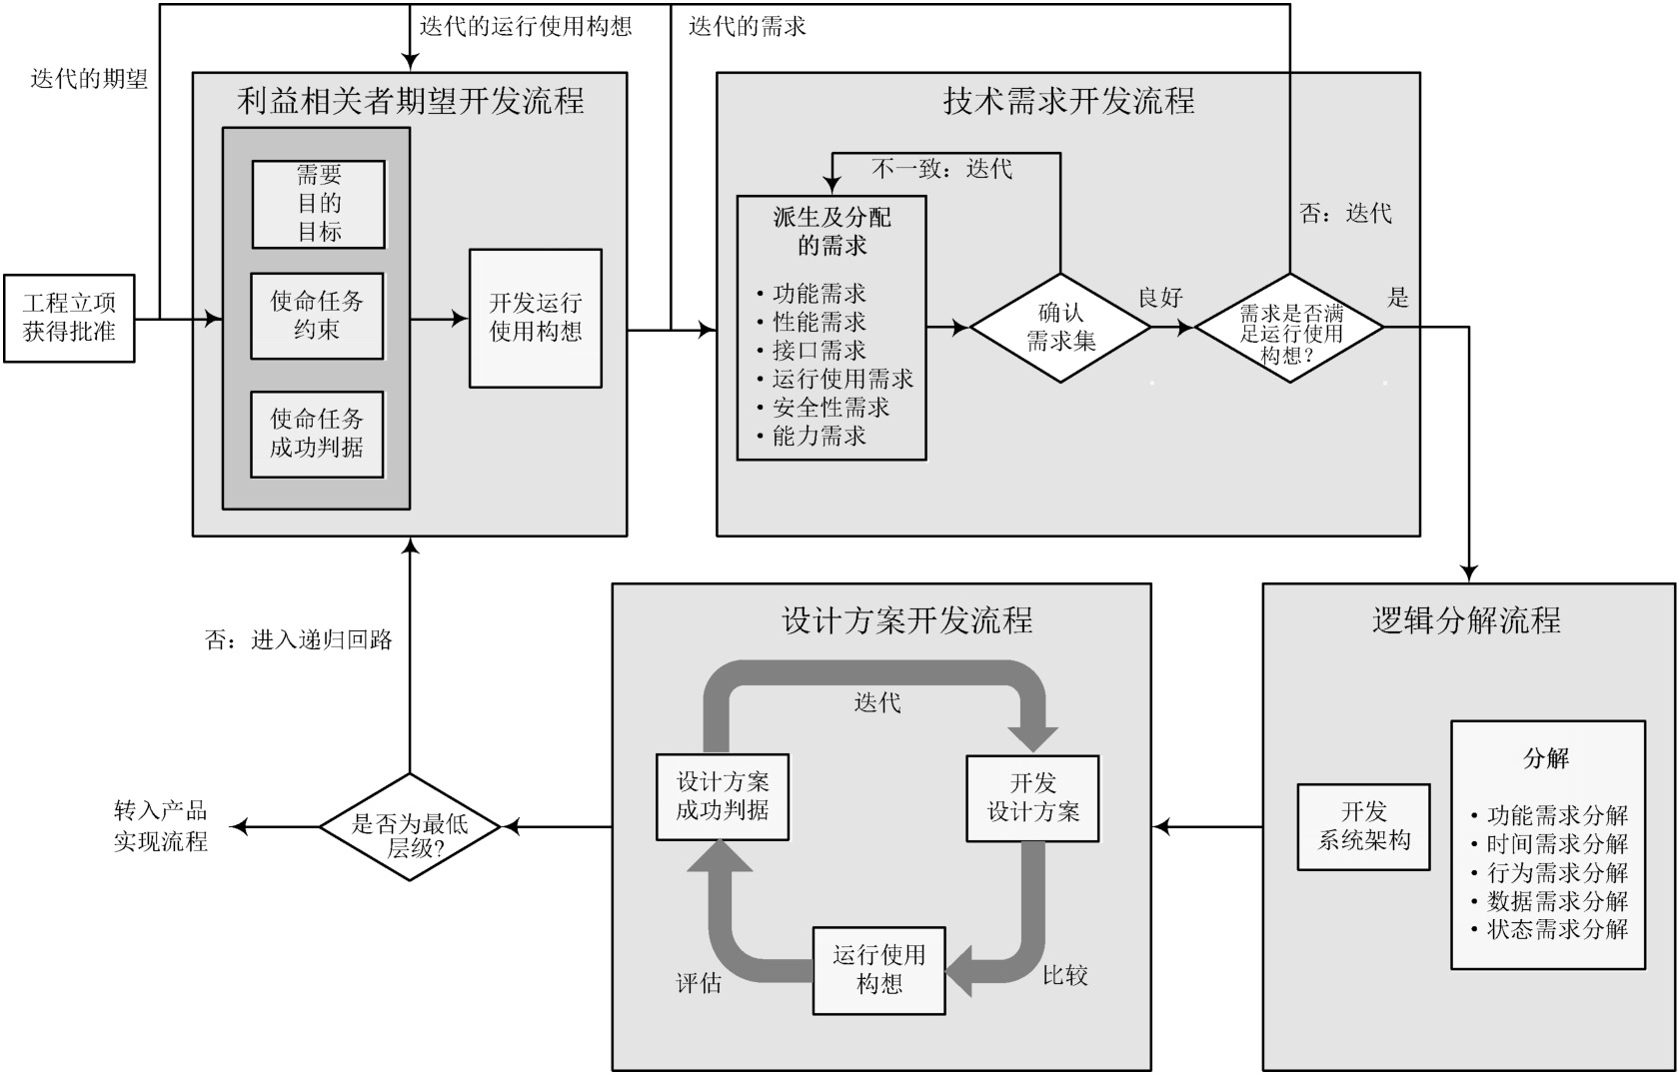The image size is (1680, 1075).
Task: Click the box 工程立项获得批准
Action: tap(69, 318)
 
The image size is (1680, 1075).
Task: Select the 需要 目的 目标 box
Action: tap(318, 204)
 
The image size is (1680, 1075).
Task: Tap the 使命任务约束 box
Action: tap(317, 315)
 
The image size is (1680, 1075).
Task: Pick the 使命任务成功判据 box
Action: tap(317, 434)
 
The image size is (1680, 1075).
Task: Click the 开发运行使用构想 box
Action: tap(536, 318)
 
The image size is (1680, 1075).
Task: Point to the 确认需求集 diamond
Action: tap(1060, 328)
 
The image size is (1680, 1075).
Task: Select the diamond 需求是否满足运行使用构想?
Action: tap(1289, 328)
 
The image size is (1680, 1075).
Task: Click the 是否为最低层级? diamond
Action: tap(410, 827)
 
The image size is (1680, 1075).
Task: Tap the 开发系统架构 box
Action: tap(1363, 826)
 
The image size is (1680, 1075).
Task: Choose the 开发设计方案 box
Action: tap(1032, 797)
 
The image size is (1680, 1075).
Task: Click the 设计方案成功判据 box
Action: tap(723, 796)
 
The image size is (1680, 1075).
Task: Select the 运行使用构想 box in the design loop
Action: tap(878, 970)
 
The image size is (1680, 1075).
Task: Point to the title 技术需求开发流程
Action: tap(1068, 101)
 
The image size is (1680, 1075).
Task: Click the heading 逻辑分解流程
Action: tap(1466, 620)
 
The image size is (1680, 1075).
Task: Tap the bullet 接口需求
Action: tap(819, 351)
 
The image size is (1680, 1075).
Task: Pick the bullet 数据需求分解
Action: tap(1556, 901)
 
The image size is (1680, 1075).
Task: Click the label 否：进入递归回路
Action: tap(298, 640)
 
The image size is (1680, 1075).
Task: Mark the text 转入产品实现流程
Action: tap(160, 826)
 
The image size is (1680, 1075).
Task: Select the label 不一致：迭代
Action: tap(941, 169)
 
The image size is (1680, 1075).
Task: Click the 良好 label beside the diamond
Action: tap(1160, 298)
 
